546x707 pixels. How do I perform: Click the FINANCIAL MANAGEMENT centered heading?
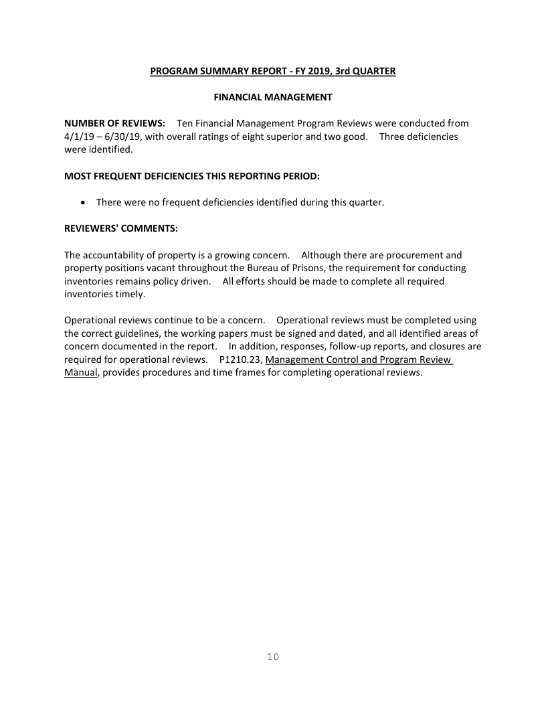click(x=272, y=97)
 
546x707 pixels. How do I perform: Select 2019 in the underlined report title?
click(x=304, y=71)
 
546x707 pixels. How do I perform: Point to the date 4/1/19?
click(x=78, y=137)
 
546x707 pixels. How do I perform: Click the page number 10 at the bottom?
click(x=272, y=657)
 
